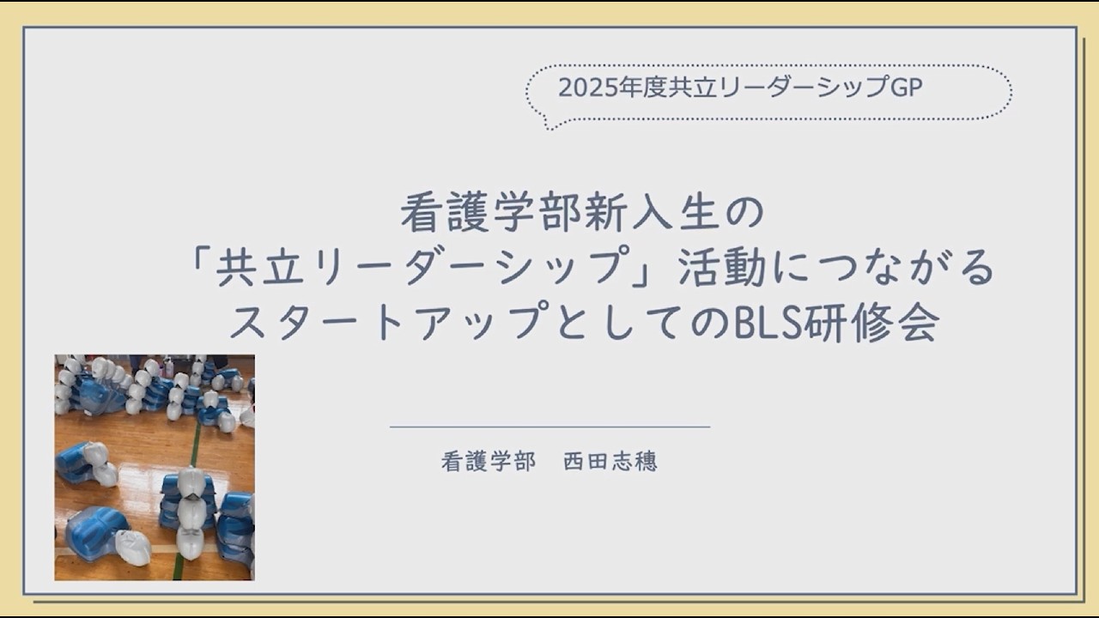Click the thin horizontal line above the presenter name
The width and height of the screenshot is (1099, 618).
(549, 427)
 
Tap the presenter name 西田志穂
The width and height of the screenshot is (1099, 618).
(610, 462)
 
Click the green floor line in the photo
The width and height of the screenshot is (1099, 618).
(195, 446)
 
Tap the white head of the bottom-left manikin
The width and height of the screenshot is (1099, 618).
(131, 547)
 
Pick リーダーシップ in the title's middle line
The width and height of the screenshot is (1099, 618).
(452, 269)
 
